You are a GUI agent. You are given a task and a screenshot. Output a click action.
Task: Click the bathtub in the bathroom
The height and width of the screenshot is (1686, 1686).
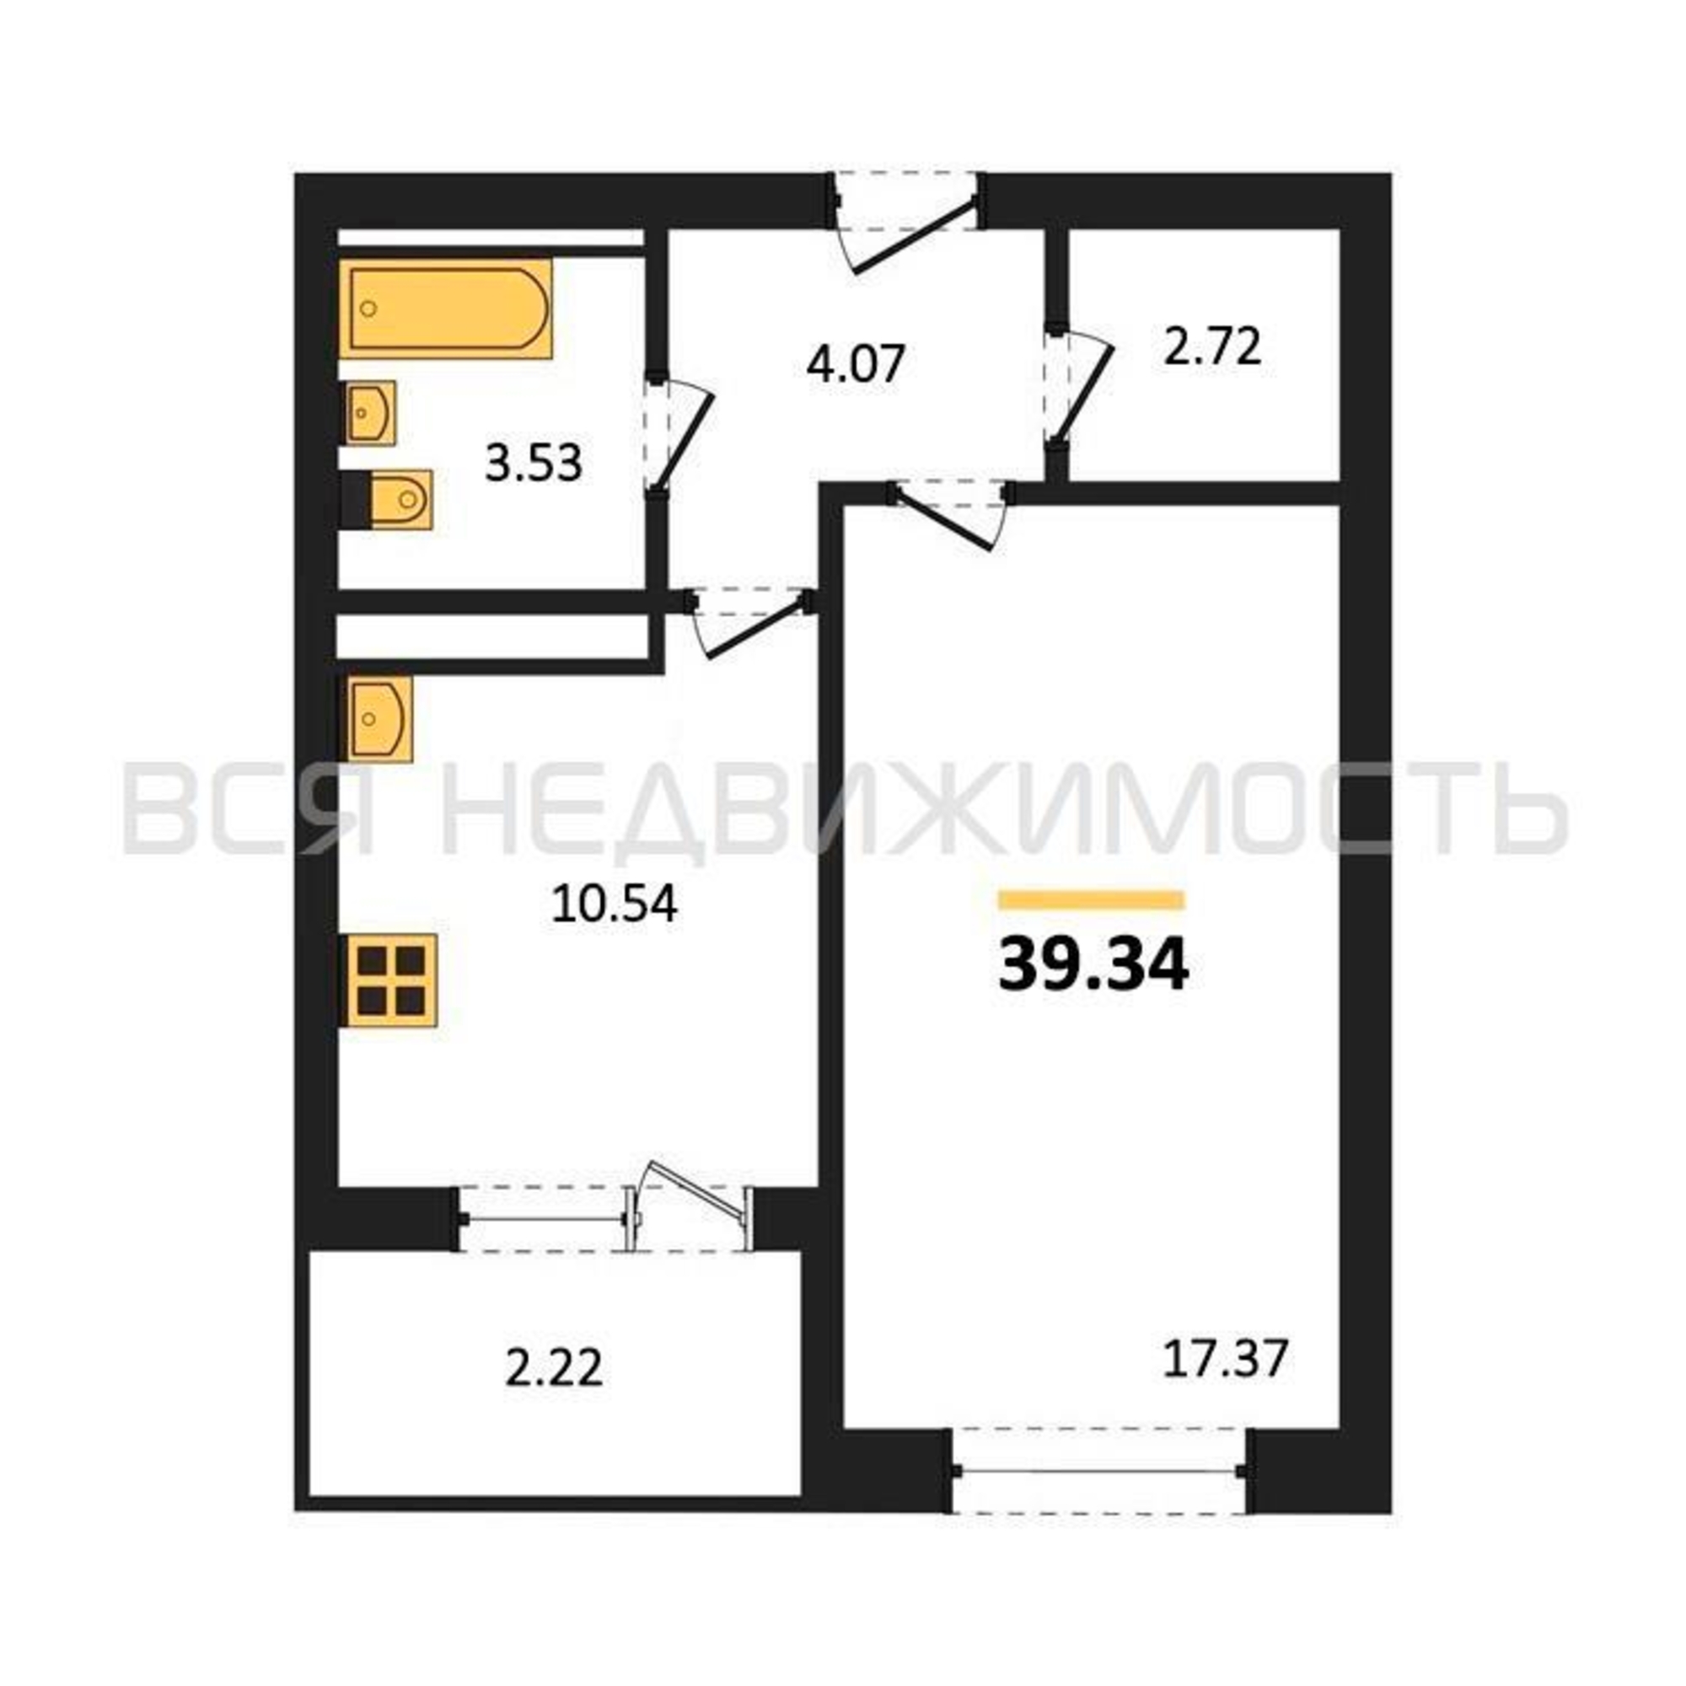tap(446, 308)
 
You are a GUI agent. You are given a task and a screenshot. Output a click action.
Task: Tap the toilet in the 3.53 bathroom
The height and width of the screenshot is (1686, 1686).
tap(400, 500)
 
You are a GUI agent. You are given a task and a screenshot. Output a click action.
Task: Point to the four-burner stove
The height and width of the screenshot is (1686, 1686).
tap(389, 980)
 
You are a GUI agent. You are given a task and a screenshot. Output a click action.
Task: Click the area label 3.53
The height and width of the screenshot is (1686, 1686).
tap(534, 463)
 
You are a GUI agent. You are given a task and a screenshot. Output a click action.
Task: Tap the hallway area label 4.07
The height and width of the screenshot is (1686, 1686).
tap(855, 363)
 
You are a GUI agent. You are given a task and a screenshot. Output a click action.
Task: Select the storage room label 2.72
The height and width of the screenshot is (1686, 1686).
tap(1213, 347)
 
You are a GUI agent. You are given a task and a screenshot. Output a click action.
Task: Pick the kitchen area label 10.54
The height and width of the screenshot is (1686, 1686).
tap(615, 904)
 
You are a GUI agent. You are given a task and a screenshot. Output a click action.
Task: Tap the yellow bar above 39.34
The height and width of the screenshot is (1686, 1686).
tap(1092, 899)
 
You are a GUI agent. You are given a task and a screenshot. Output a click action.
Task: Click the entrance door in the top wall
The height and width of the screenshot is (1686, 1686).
tap(908, 223)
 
